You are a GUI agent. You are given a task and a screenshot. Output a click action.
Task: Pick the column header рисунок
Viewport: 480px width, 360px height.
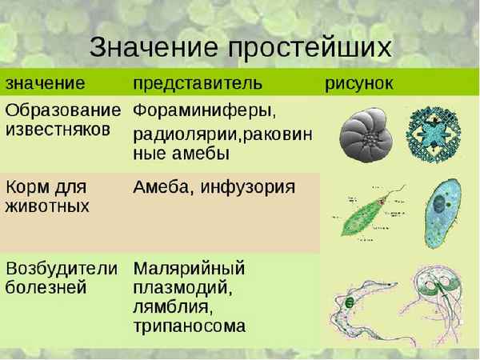(358, 83)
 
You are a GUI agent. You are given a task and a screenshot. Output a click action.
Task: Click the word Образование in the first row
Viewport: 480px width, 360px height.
(64, 109)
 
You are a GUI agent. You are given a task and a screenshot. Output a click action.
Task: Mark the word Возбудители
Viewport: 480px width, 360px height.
(62, 268)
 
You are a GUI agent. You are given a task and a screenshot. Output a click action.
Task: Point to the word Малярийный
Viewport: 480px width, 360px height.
(188, 268)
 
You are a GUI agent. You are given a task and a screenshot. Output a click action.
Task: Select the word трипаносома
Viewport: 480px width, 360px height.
(189, 326)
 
